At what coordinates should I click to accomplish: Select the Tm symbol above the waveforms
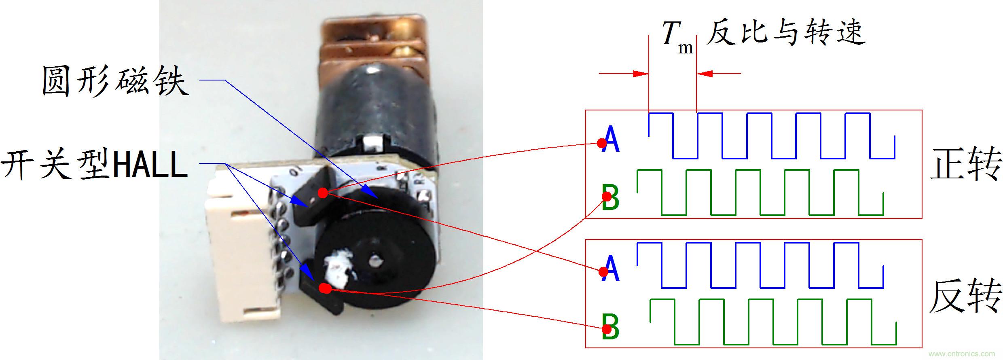pyautogui.click(x=676, y=36)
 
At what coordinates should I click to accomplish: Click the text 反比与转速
pyautogui.click(x=786, y=32)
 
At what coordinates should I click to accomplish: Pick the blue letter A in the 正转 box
pyautogui.click(x=612, y=139)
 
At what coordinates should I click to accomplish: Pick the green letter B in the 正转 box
pyautogui.click(x=611, y=197)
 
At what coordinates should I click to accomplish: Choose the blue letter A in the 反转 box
pyautogui.click(x=611, y=269)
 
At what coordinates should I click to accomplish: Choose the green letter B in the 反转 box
pyautogui.click(x=611, y=328)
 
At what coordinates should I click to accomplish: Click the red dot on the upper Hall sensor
pyautogui.click(x=322, y=193)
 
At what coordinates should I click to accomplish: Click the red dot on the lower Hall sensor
pyautogui.click(x=325, y=288)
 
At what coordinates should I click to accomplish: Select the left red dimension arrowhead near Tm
pyautogui.click(x=641, y=74)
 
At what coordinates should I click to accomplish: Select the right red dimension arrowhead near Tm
pyautogui.click(x=705, y=74)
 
